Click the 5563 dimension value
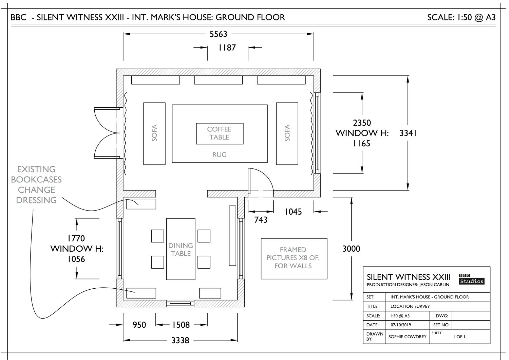point(218,34)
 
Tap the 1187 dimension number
point(227,48)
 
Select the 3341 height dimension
point(408,133)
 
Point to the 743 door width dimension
point(261,220)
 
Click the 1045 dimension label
point(293,212)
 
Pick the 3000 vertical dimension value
point(351,249)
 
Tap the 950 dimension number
point(139,325)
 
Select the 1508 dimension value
point(181,325)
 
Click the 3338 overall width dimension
point(180,340)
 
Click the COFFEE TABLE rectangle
point(220,134)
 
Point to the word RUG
point(220,155)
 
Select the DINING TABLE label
point(181,250)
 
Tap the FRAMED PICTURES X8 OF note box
point(294,259)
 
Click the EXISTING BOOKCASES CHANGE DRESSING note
point(36,185)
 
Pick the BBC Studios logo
point(472,279)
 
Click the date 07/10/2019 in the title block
point(401,325)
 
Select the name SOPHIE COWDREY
point(408,337)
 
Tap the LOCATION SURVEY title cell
point(410,307)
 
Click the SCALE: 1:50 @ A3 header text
point(461,18)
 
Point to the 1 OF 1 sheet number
point(459,337)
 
